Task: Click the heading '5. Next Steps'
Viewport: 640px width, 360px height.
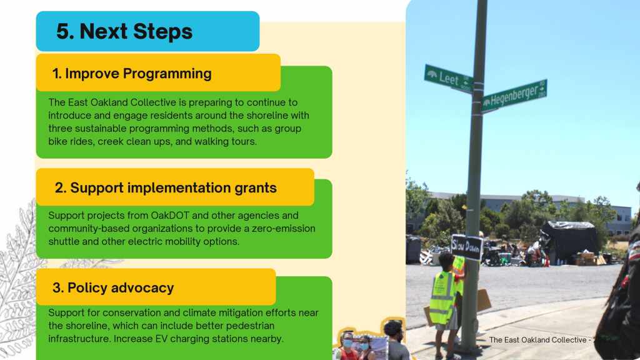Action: tap(124, 31)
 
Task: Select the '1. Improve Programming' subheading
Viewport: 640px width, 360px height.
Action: tap(132, 74)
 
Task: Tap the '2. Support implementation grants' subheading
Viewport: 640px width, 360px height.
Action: tap(166, 187)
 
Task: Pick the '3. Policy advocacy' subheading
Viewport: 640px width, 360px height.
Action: tap(113, 287)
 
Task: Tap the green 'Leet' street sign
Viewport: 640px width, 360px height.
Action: tap(449, 78)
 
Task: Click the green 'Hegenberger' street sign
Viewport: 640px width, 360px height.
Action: tap(514, 96)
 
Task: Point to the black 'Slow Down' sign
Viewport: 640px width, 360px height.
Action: tap(466, 247)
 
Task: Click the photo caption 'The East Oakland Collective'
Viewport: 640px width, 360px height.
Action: tap(537, 339)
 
